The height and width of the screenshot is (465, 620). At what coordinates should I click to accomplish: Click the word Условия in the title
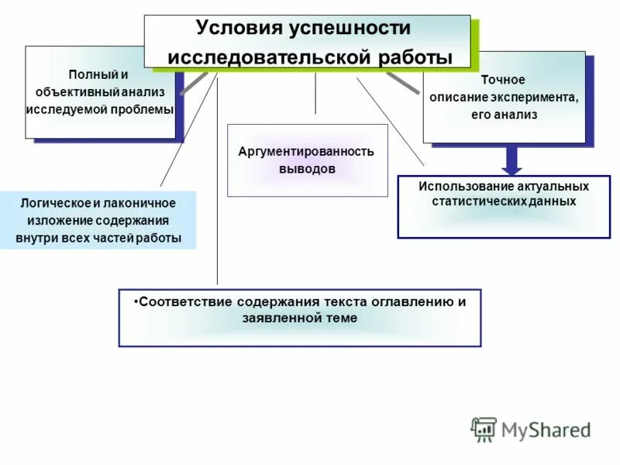(x=239, y=28)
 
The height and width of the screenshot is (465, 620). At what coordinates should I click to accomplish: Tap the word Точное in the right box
(x=503, y=80)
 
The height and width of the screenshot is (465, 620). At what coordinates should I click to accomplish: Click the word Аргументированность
(x=306, y=151)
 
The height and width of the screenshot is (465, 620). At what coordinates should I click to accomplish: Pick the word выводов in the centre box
(x=306, y=168)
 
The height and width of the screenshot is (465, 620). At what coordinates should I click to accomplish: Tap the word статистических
(x=479, y=201)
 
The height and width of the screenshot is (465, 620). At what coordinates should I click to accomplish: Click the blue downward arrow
(x=511, y=160)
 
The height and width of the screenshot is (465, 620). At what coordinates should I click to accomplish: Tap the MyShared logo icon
(x=484, y=429)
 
